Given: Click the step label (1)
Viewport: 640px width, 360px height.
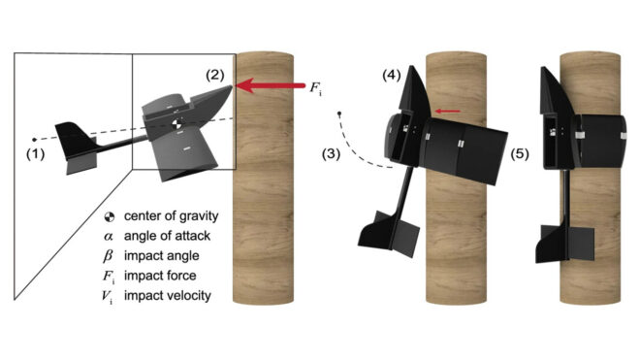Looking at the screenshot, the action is [36, 154].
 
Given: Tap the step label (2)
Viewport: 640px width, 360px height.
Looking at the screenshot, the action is [214, 75].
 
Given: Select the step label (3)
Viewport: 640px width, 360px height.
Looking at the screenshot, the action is [331, 154].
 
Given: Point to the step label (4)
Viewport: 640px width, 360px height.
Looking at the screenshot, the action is [392, 75].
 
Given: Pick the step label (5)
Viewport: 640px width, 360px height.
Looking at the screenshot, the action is [520, 154].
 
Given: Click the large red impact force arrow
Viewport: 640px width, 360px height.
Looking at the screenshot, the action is [271, 85].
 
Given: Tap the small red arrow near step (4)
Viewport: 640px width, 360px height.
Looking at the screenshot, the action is [448, 111].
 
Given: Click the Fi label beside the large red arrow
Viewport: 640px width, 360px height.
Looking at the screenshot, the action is [315, 88].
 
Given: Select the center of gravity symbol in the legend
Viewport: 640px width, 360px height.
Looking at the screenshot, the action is [110, 216].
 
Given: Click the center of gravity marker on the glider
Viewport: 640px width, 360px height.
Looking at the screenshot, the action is [176, 124].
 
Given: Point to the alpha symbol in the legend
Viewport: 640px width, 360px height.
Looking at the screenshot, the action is [109, 237].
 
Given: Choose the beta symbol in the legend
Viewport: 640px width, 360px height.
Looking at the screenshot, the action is [109, 256].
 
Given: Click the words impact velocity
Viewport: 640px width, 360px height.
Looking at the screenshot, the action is [168, 295].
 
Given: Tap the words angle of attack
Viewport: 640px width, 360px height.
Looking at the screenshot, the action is [168, 236].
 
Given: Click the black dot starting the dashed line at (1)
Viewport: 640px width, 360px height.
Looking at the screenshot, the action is [34, 140].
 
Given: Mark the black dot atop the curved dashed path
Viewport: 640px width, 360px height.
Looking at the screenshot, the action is [339, 114].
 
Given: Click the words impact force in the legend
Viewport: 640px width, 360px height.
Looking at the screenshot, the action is [160, 276].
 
